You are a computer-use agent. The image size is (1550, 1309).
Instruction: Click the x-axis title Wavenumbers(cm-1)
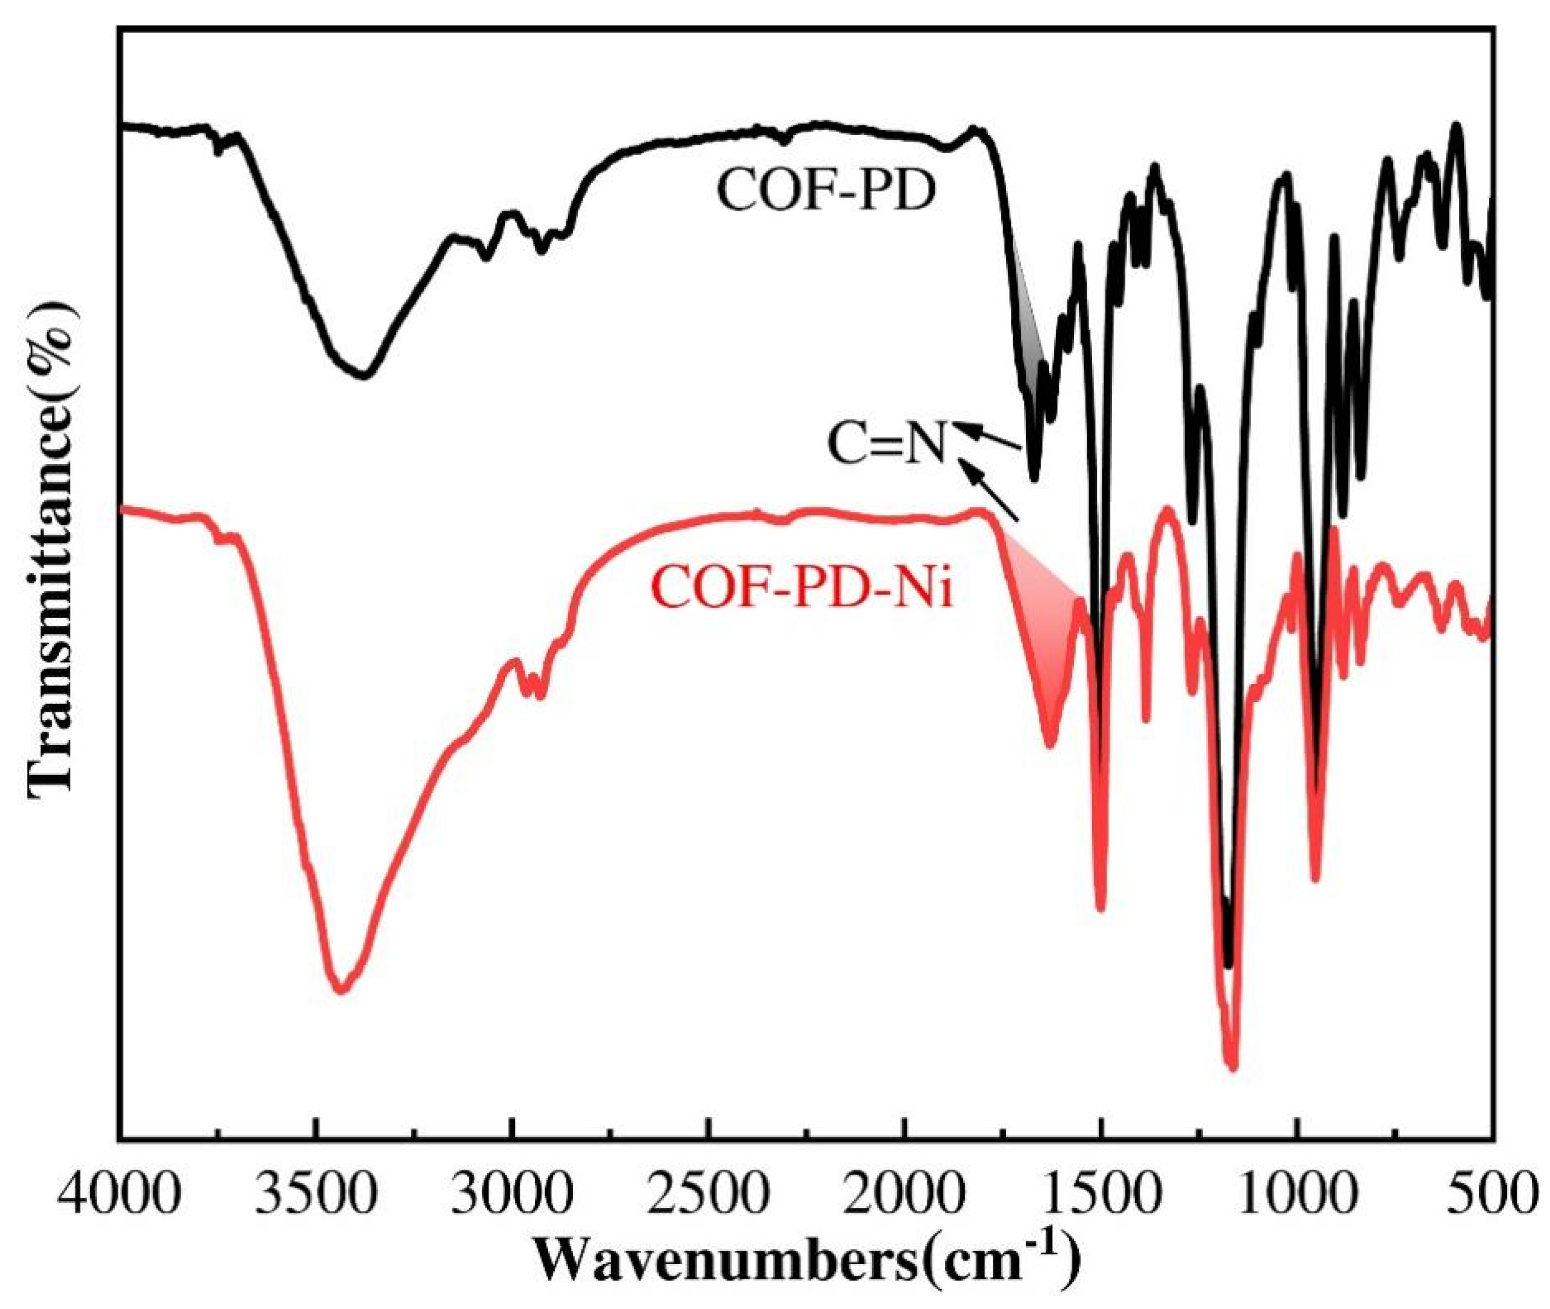[x=804, y=1270]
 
